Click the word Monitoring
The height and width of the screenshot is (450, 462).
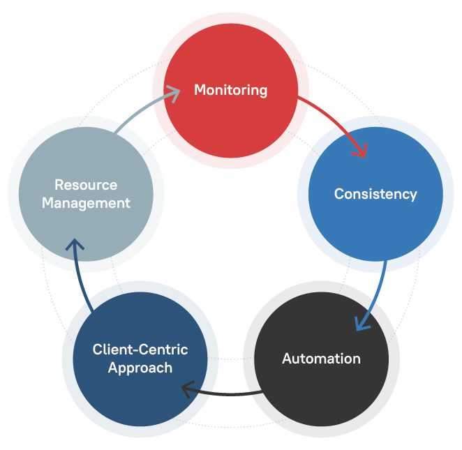pos(230,90)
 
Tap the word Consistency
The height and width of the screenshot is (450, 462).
pos(375,194)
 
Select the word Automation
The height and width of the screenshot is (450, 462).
pos(321,359)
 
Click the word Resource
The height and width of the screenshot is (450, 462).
pos(86,186)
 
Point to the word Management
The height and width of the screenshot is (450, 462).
pos(86,204)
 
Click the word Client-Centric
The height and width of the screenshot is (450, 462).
pos(140,350)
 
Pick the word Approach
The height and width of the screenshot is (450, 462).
pos(140,368)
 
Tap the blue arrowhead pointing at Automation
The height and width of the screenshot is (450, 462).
pos(361,323)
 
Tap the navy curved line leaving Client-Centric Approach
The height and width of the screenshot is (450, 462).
pos(81,279)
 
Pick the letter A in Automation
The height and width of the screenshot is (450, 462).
pos(287,359)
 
